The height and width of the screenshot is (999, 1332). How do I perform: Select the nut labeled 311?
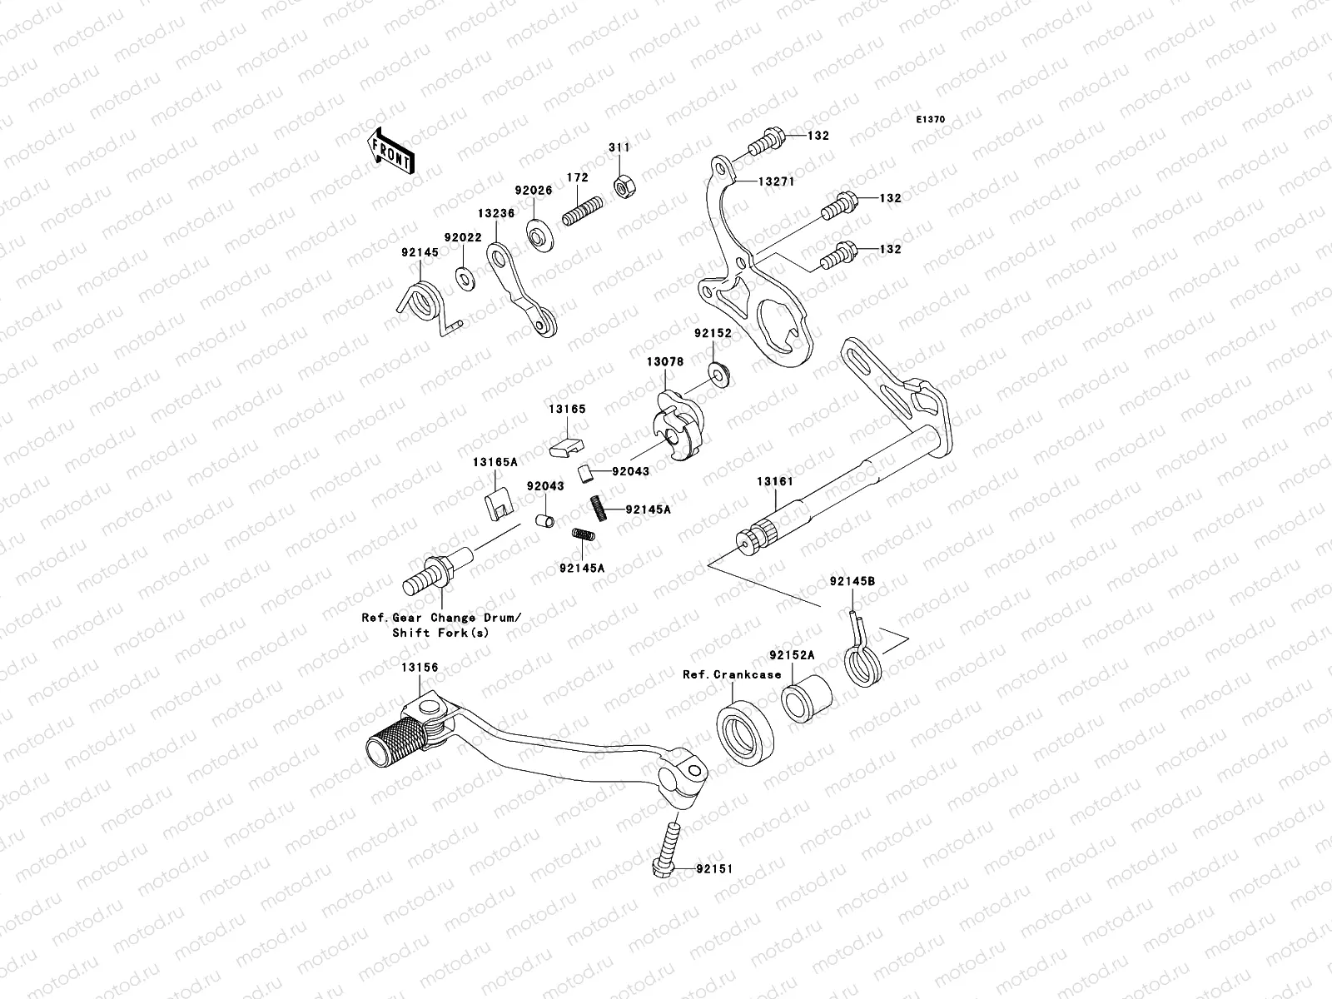(620, 184)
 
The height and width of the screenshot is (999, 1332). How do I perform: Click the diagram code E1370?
(931, 120)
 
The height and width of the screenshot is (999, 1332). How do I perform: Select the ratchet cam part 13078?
(678, 427)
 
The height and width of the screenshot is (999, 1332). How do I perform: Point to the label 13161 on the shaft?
(774, 481)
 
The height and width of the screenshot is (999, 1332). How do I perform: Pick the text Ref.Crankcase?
(732, 674)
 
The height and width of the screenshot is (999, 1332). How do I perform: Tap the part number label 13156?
(419, 668)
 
